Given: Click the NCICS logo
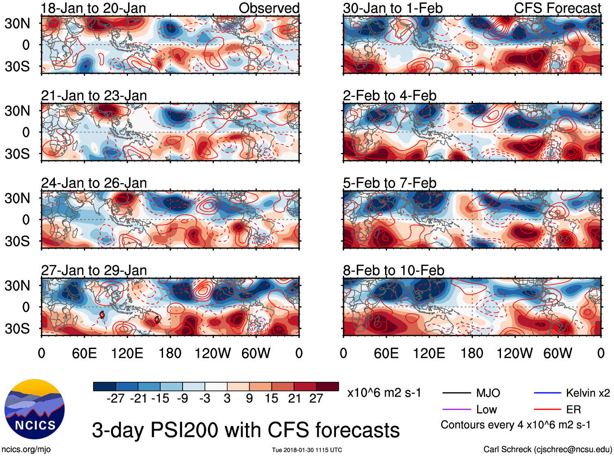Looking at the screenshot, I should (x=35, y=409).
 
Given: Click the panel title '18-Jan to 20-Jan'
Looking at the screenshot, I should (x=94, y=8).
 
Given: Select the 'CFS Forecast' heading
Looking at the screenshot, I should (x=557, y=8).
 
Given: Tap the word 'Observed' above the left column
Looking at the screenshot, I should (x=269, y=8).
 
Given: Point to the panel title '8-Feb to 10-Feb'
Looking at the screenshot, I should (x=394, y=271).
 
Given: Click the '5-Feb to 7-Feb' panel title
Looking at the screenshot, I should (x=390, y=183).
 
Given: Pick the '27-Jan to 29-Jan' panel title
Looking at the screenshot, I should (x=94, y=271).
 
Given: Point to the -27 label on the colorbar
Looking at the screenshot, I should (x=115, y=399).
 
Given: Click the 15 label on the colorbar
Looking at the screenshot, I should (x=272, y=399).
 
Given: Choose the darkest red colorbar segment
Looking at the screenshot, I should (x=327, y=386).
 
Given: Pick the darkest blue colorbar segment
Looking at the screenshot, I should (x=105, y=386).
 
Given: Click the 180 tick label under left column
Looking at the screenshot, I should (x=170, y=353).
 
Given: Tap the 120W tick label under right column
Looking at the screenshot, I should (x=514, y=353).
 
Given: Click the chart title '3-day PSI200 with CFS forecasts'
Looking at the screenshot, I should (x=246, y=430).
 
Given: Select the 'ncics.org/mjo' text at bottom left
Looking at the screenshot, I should (x=26, y=449).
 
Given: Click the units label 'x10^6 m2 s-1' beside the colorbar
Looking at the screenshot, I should (x=384, y=393).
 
